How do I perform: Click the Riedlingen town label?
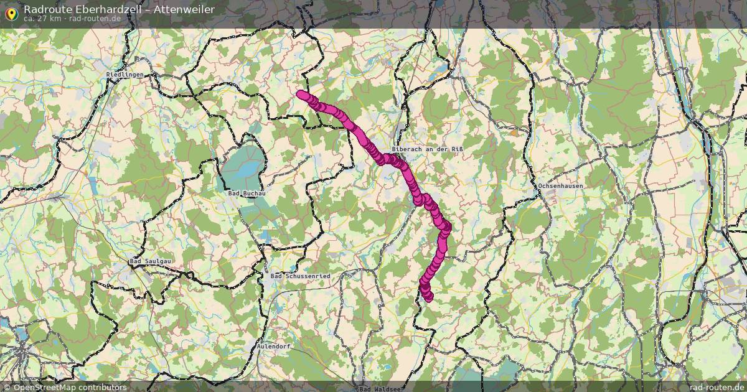pos(125,75)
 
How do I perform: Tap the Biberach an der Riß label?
pos(428,149)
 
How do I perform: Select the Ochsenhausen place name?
pos(561,186)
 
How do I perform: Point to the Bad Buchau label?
pos(247,194)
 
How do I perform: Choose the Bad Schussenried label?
pos(301,276)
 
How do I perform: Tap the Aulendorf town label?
pos(275,346)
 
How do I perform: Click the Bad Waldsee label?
pos(380,389)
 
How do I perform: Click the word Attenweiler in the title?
pos(184,9)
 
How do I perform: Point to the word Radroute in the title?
pos(44,9)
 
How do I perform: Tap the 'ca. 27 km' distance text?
pos(43,19)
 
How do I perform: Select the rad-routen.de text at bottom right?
pos(716,387)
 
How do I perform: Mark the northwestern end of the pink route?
pos(301,95)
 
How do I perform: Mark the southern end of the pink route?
pos(428,297)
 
